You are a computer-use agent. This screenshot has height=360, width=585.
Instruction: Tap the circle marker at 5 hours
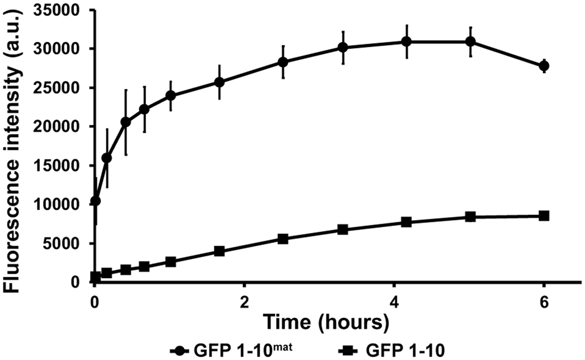(x=470, y=42)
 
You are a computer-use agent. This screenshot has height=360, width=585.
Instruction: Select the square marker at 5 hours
(x=470, y=217)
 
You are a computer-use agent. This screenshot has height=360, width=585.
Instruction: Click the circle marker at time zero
(x=95, y=201)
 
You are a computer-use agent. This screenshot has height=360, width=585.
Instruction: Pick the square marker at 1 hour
(x=170, y=262)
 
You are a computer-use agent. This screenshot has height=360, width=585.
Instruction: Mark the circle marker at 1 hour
(x=170, y=95)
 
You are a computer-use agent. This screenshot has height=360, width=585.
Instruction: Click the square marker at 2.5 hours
(x=283, y=239)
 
